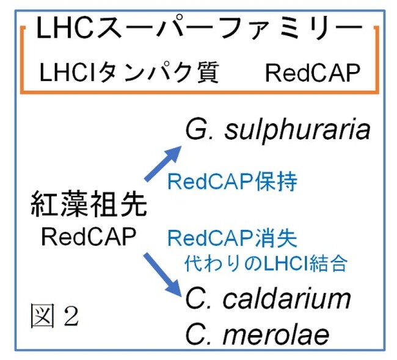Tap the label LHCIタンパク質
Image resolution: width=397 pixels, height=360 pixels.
point(129,73)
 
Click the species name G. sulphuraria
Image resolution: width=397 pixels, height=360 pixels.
point(278,129)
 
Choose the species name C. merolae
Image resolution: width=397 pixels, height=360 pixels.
point(257,334)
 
